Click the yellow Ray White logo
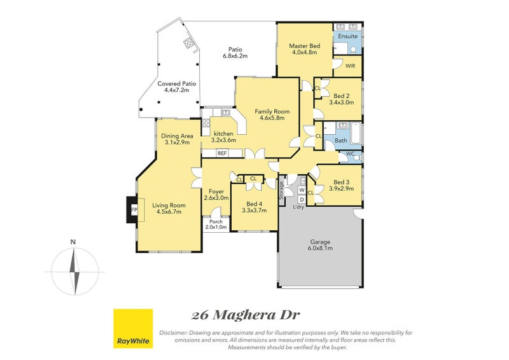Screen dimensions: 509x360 tap(133, 328)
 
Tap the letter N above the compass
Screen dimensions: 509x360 tap(73, 242)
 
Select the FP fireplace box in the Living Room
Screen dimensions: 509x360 tap(134, 210)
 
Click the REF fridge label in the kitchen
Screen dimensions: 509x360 tap(222, 153)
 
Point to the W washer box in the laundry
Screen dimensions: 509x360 tap(302, 190)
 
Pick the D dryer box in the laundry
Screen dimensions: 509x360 tap(302, 199)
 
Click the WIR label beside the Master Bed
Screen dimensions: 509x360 tap(350, 66)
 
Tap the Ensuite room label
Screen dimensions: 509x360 tap(347, 36)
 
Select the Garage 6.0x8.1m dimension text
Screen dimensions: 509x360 tap(320, 248)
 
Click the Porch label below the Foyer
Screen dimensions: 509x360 tap(216, 221)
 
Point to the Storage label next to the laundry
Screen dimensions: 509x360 tap(281, 190)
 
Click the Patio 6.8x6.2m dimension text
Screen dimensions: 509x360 tap(235, 56)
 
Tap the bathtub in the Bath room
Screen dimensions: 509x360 tap(356, 133)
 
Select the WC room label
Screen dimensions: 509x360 tap(351, 153)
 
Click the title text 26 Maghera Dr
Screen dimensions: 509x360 tap(245, 315)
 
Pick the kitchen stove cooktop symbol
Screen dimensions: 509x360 tap(206, 123)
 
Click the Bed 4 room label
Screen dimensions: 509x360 tap(254, 204)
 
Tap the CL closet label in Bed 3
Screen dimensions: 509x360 tap(310, 193)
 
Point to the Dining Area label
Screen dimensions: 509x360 tap(177, 136)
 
